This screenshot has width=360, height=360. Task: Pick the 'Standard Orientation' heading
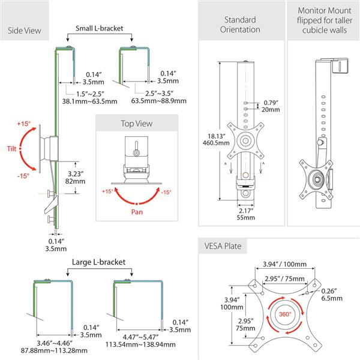pyautogui.click(x=240, y=24)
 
